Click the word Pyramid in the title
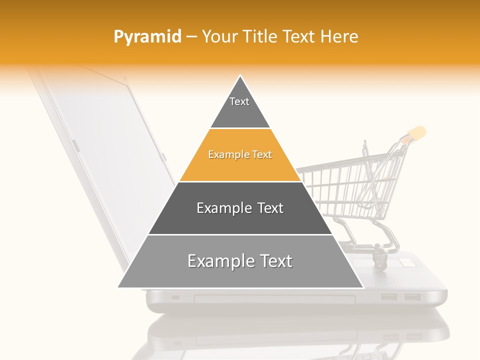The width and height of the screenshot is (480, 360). (147, 36)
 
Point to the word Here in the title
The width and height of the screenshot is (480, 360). (339, 36)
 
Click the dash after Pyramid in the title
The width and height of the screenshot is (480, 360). (191, 37)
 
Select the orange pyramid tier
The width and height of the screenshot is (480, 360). (240, 155)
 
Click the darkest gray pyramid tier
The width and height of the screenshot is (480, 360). (240, 208)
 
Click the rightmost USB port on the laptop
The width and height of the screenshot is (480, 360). (412, 297)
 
